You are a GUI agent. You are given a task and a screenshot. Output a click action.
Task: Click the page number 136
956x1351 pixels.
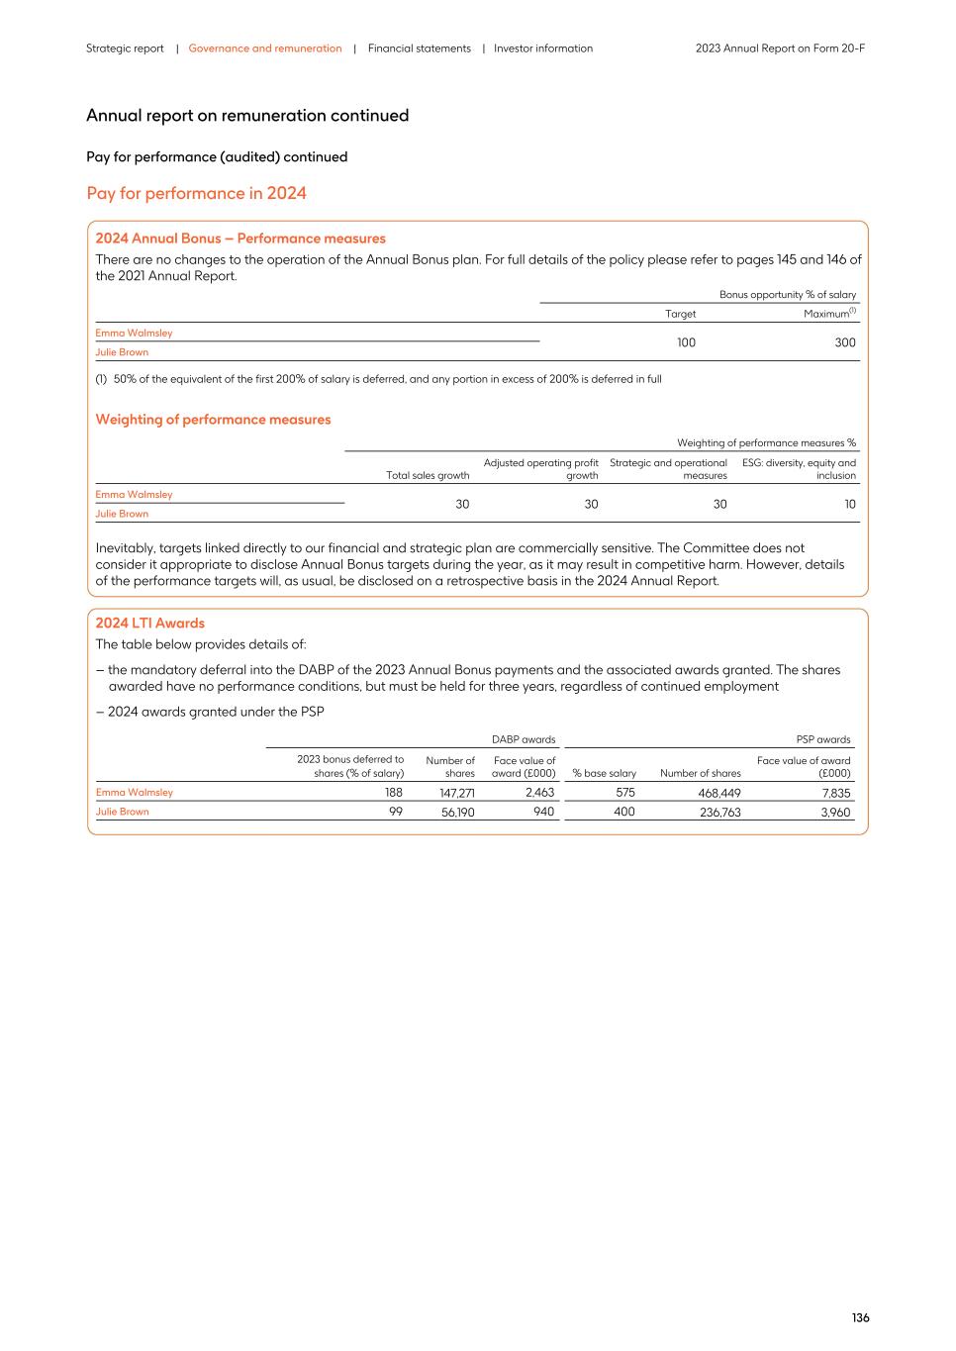pos(860,1317)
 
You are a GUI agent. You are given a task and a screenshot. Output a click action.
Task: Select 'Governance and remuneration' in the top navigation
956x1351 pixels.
pos(265,48)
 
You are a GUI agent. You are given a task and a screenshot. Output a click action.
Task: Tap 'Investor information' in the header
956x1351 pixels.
pos(543,48)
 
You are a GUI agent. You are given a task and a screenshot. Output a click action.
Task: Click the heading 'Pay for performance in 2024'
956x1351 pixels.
pos(196,193)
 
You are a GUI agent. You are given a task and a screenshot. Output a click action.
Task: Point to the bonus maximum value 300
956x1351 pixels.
pos(844,342)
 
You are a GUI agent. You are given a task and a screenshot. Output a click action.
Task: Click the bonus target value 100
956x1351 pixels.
pos(686,342)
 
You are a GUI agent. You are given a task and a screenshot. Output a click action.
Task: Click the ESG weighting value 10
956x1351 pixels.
pos(849,504)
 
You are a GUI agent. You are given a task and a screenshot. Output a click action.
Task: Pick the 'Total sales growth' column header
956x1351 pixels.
pos(428,475)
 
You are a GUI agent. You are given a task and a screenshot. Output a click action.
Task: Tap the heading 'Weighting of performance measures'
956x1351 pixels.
pos(213,420)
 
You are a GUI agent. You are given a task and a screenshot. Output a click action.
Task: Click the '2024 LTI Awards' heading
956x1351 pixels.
pos(149,623)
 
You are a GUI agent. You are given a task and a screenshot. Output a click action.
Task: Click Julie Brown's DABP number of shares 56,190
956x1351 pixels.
pos(457,812)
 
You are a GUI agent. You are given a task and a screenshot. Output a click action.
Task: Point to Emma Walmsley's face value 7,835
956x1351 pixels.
pos(835,793)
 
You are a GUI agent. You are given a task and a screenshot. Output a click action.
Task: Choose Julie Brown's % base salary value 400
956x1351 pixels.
pos(623,812)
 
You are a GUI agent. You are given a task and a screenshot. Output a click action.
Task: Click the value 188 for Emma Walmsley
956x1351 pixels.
pos(393,793)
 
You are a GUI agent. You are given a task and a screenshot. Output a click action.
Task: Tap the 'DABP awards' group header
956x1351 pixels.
pos(524,739)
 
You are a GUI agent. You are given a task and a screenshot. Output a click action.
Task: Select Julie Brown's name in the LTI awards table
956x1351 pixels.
pos(122,812)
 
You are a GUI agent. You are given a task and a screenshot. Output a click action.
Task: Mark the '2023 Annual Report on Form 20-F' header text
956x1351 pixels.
pos(780,48)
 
